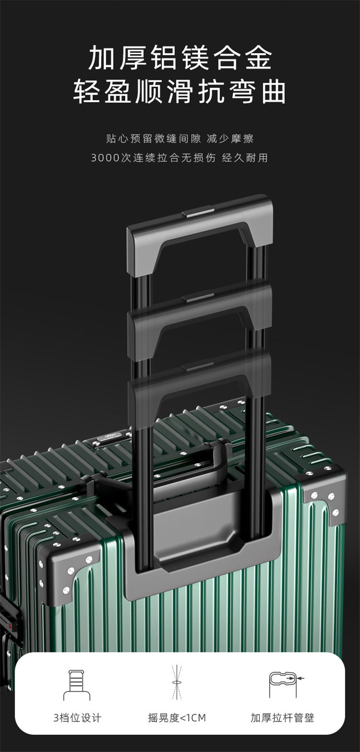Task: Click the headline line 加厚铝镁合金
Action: click(180, 58)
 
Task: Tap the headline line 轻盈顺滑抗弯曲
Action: click(180, 91)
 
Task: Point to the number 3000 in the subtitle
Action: click(106, 158)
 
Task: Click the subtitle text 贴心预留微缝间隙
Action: click(154, 138)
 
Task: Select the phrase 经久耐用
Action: click(245, 158)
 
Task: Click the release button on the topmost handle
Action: click(198, 213)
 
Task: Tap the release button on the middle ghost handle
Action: click(198, 297)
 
